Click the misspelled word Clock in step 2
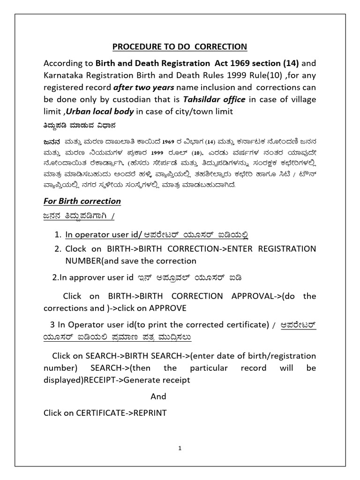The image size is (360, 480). (76, 248)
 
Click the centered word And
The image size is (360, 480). (158, 396)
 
